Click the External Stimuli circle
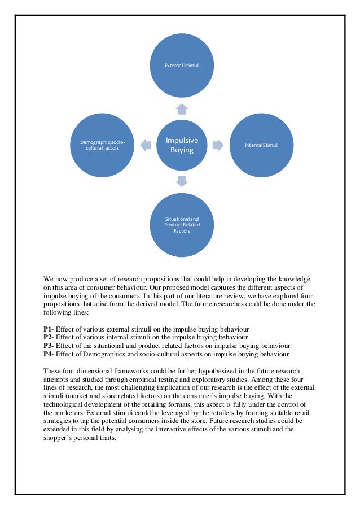[x=181, y=66]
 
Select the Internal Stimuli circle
[x=261, y=145]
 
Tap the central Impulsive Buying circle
[x=181, y=145]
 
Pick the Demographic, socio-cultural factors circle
[x=102, y=145]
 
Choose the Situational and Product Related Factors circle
[x=181, y=224]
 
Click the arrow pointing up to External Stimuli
[x=181, y=108]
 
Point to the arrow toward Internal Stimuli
[x=218, y=145]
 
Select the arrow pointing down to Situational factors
[x=181, y=181]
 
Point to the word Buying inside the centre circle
[x=182, y=150]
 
